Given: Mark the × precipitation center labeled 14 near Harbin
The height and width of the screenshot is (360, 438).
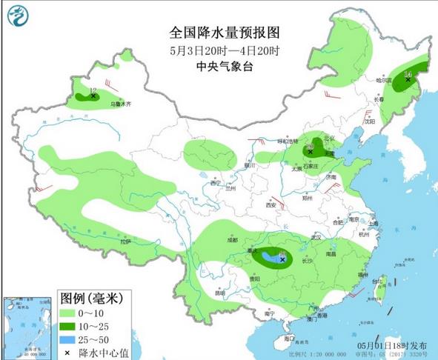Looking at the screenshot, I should point(408,79).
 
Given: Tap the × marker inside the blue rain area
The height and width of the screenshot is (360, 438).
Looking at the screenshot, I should point(282,259).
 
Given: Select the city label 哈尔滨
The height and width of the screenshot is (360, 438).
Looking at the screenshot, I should point(383,80).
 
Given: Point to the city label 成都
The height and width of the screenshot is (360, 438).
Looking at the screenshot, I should point(232,240).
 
